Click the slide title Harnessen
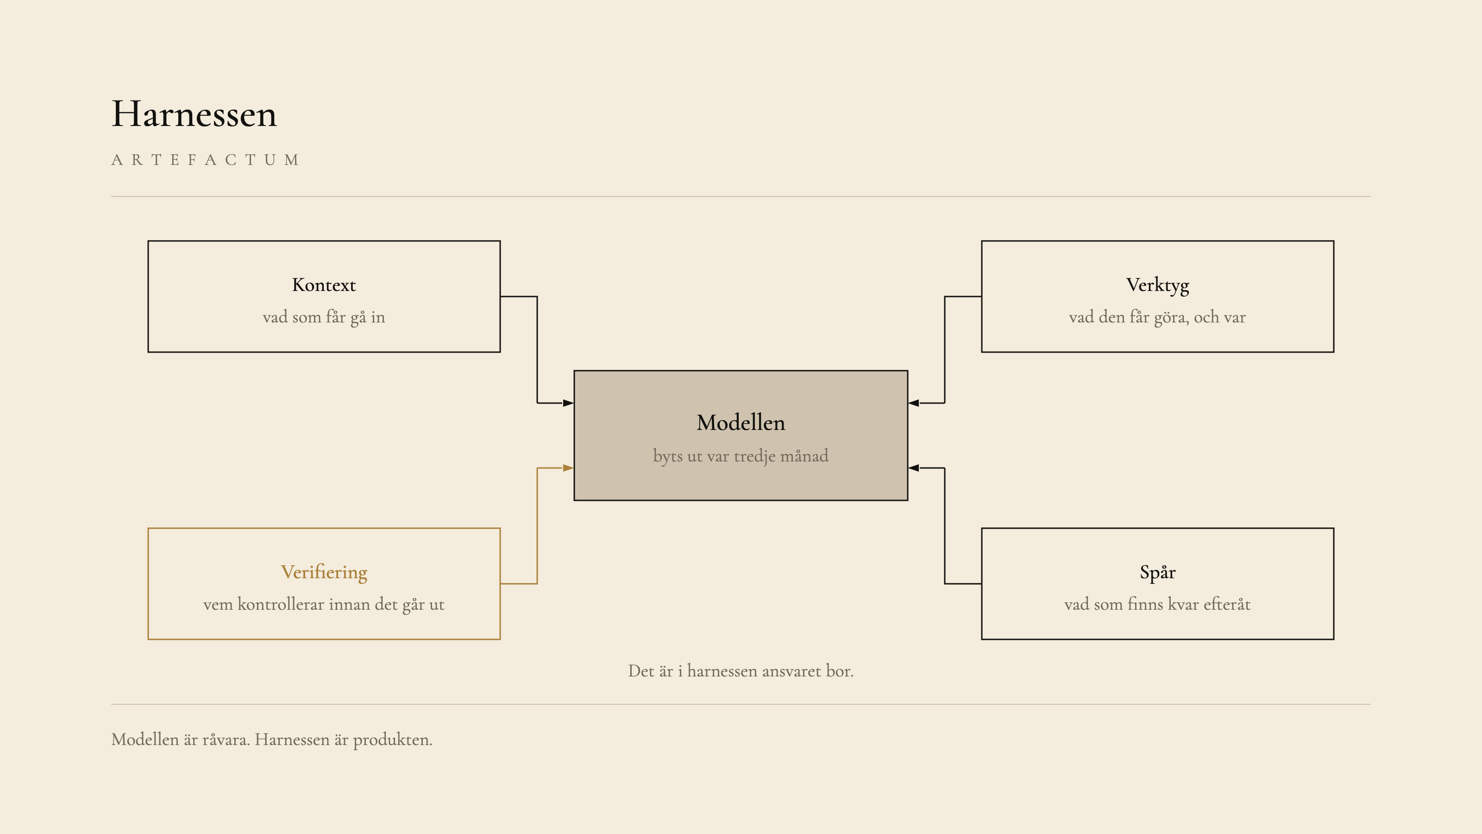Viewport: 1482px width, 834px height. tap(194, 114)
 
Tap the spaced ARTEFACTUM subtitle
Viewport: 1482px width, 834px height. tap(205, 160)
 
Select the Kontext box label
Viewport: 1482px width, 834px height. tap(324, 285)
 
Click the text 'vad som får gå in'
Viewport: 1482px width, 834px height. tap(324, 317)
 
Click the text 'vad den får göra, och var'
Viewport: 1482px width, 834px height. tap(1157, 317)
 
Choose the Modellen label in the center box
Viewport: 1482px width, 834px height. tap(741, 423)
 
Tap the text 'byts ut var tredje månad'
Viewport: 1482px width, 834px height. tap(741, 456)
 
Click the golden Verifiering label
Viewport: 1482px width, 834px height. tap(324, 573)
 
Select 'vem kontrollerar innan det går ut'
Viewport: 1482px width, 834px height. tap(324, 604)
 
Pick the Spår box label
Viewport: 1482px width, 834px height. tap(1157, 573)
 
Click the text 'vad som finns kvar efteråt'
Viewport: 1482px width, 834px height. tap(1157, 604)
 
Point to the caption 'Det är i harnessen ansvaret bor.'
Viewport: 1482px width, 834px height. tap(741, 671)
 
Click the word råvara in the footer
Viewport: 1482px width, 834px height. tap(226, 739)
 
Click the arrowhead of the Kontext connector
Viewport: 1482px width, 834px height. tap(568, 403)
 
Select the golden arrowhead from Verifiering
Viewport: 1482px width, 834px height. tap(568, 468)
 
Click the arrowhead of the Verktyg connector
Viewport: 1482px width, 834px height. tap(914, 403)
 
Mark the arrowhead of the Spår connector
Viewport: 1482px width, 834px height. tap(914, 468)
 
